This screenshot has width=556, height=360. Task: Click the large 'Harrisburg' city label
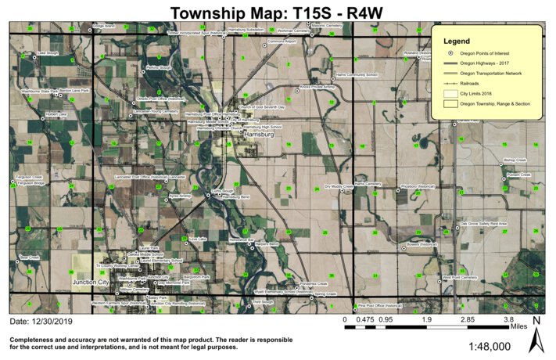point(260,135)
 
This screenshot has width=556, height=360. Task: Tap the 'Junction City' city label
point(90,282)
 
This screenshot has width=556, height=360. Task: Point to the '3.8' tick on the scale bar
point(508,320)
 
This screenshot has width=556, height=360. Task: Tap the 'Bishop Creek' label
point(516,160)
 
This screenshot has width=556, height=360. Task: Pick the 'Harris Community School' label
point(356,75)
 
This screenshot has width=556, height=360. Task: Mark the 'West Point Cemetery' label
point(459,277)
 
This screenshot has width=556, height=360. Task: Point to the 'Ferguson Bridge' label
point(29,183)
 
